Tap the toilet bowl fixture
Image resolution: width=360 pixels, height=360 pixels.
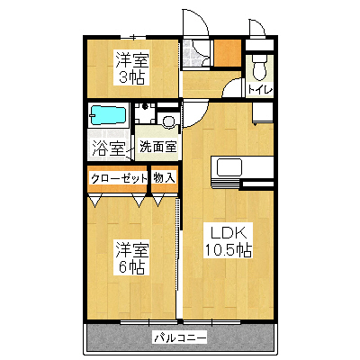(260, 67)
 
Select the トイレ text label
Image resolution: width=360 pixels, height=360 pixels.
(261, 90)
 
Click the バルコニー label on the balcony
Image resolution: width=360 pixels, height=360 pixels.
(179, 337)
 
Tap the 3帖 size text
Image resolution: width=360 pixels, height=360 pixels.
(130, 77)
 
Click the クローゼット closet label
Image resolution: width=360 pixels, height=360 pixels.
(119, 178)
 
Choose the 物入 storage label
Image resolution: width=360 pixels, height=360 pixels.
(164, 178)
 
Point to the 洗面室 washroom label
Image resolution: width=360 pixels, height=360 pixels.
(158, 145)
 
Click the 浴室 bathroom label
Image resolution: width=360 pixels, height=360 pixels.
(108, 145)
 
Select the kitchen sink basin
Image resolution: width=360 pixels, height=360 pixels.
(228, 168)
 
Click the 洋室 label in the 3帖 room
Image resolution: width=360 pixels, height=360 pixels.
(130, 59)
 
